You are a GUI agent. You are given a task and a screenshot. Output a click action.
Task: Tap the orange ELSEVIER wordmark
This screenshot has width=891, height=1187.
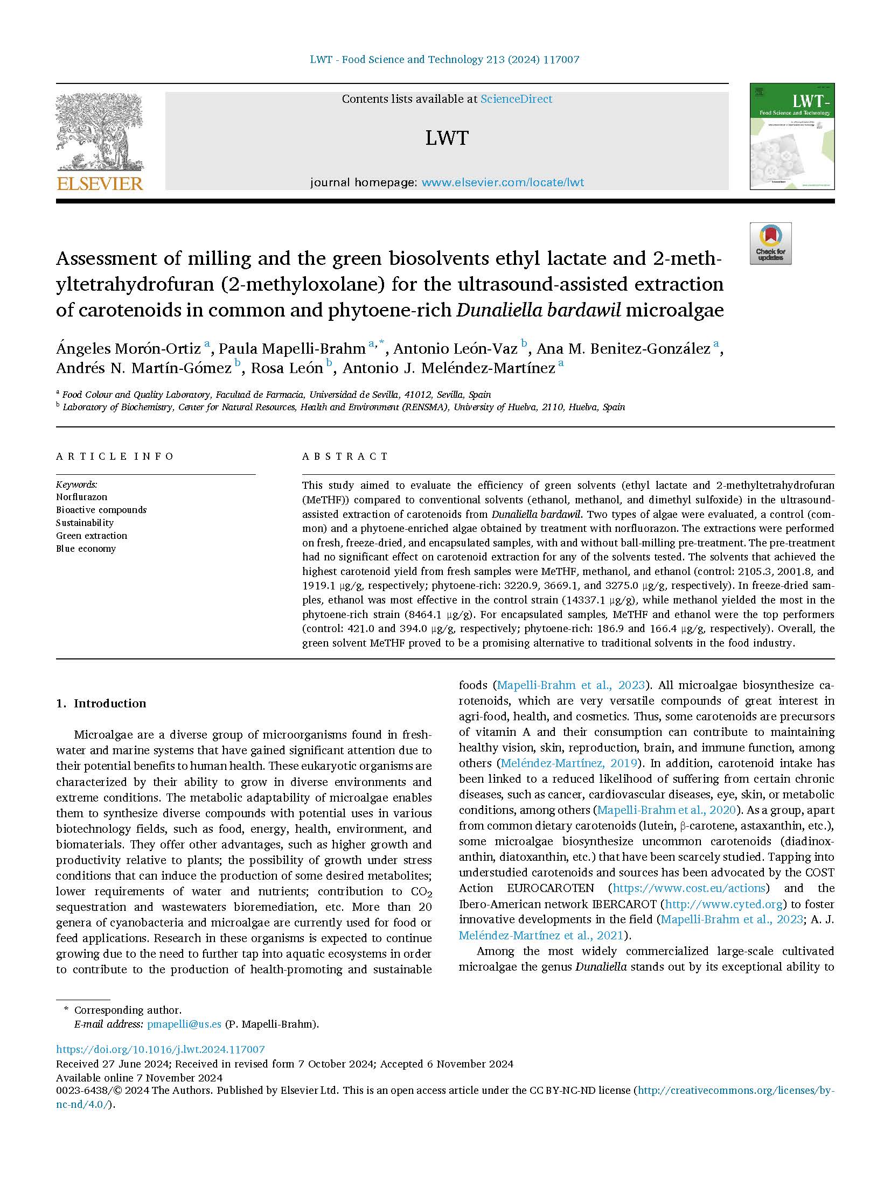[100, 184]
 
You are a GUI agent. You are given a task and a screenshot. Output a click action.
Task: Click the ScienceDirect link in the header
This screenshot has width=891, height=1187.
[516, 99]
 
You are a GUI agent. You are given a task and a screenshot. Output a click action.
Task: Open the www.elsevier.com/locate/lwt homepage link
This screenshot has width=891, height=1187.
[503, 182]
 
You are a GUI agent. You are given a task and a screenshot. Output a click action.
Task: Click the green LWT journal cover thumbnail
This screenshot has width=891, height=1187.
[792, 136]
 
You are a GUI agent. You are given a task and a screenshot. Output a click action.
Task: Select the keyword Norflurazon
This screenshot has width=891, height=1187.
[81, 497]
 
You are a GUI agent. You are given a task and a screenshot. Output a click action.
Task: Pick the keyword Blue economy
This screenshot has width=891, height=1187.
[86, 549]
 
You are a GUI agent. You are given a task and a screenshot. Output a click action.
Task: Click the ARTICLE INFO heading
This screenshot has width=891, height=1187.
[115, 456]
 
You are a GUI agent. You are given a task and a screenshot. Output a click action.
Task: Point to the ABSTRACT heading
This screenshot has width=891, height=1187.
[345, 456]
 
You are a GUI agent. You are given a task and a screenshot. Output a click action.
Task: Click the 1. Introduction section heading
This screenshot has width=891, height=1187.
[101, 703]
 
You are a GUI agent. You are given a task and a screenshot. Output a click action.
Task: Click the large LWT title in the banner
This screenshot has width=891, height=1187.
[447, 138]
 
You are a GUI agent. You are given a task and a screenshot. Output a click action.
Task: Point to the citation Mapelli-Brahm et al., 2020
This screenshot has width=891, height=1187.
[667, 810]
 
